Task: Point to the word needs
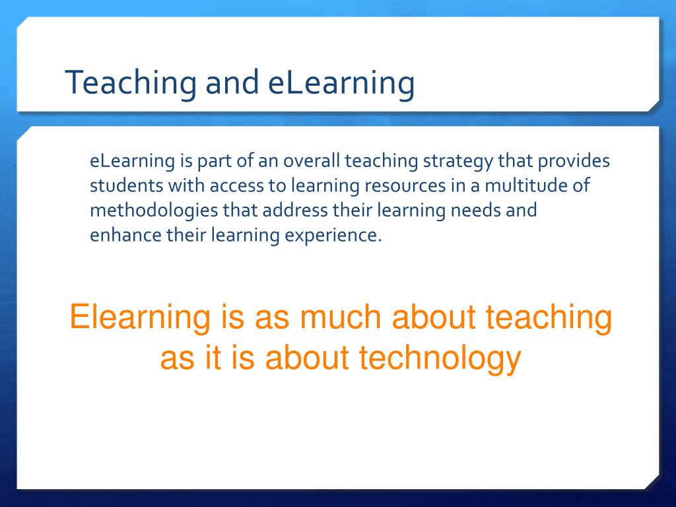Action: point(483,211)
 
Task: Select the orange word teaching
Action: point(549,318)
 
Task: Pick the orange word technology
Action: point(440,358)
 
